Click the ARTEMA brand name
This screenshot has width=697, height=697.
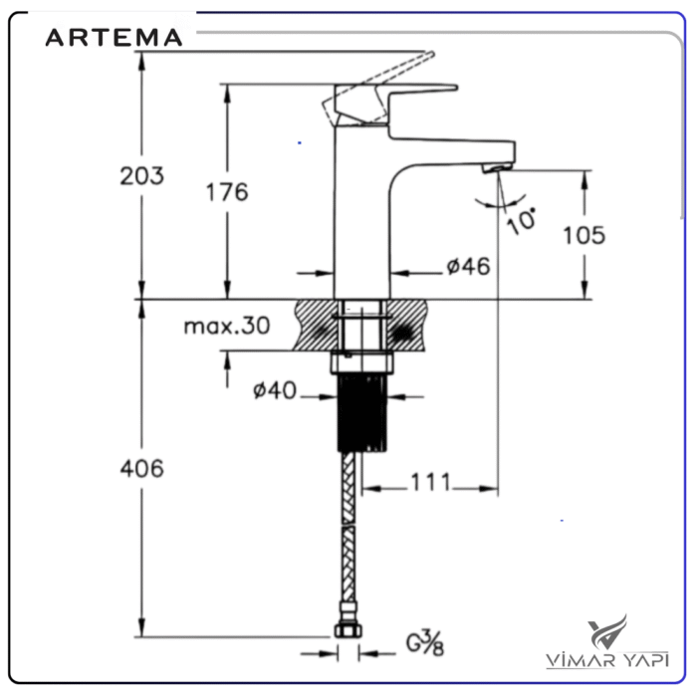[x=115, y=38]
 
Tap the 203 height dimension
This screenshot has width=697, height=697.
[x=141, y=176]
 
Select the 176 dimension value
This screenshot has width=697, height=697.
[x=227, y=192]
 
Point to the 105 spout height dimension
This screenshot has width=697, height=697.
[x=584, y=235]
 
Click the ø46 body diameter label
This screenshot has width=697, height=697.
[x=467, y=267]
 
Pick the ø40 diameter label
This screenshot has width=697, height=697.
[x=275, y=391]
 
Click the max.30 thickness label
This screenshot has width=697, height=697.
[x=227, y=327]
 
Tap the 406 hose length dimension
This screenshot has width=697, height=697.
[x=141, y=468]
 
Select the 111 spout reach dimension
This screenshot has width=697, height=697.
[x=429, y=484]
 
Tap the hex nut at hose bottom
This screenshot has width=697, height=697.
[x=348, y=630]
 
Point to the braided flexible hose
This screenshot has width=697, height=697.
[x=348, y=538]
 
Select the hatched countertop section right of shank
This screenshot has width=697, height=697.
[x=410, y=325]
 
